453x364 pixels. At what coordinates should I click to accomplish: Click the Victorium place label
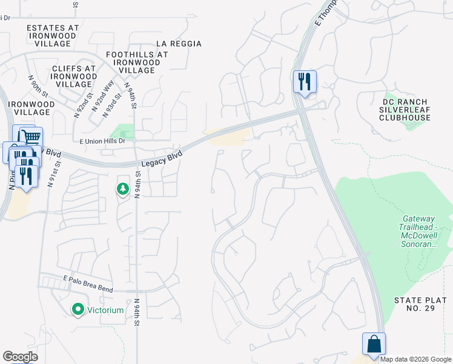click(x=107, y=310)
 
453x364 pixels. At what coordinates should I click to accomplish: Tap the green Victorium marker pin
click(x=78, y=310)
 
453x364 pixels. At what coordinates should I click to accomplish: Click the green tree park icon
click(x=123, y=190)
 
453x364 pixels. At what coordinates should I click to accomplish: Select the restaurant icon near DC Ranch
click(x=304, y=81)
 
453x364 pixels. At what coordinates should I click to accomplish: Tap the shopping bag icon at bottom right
click(x=374, y=344)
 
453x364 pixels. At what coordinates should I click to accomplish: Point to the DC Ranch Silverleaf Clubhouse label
click(x=406, y=110)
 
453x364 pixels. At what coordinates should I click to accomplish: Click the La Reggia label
click(x=179, y=44)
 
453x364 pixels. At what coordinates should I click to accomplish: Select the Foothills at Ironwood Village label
click(x=137, y=62)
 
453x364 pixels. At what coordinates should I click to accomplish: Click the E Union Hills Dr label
click(x=102, y=141)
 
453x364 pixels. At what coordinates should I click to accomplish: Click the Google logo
click(x=21, y=357)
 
